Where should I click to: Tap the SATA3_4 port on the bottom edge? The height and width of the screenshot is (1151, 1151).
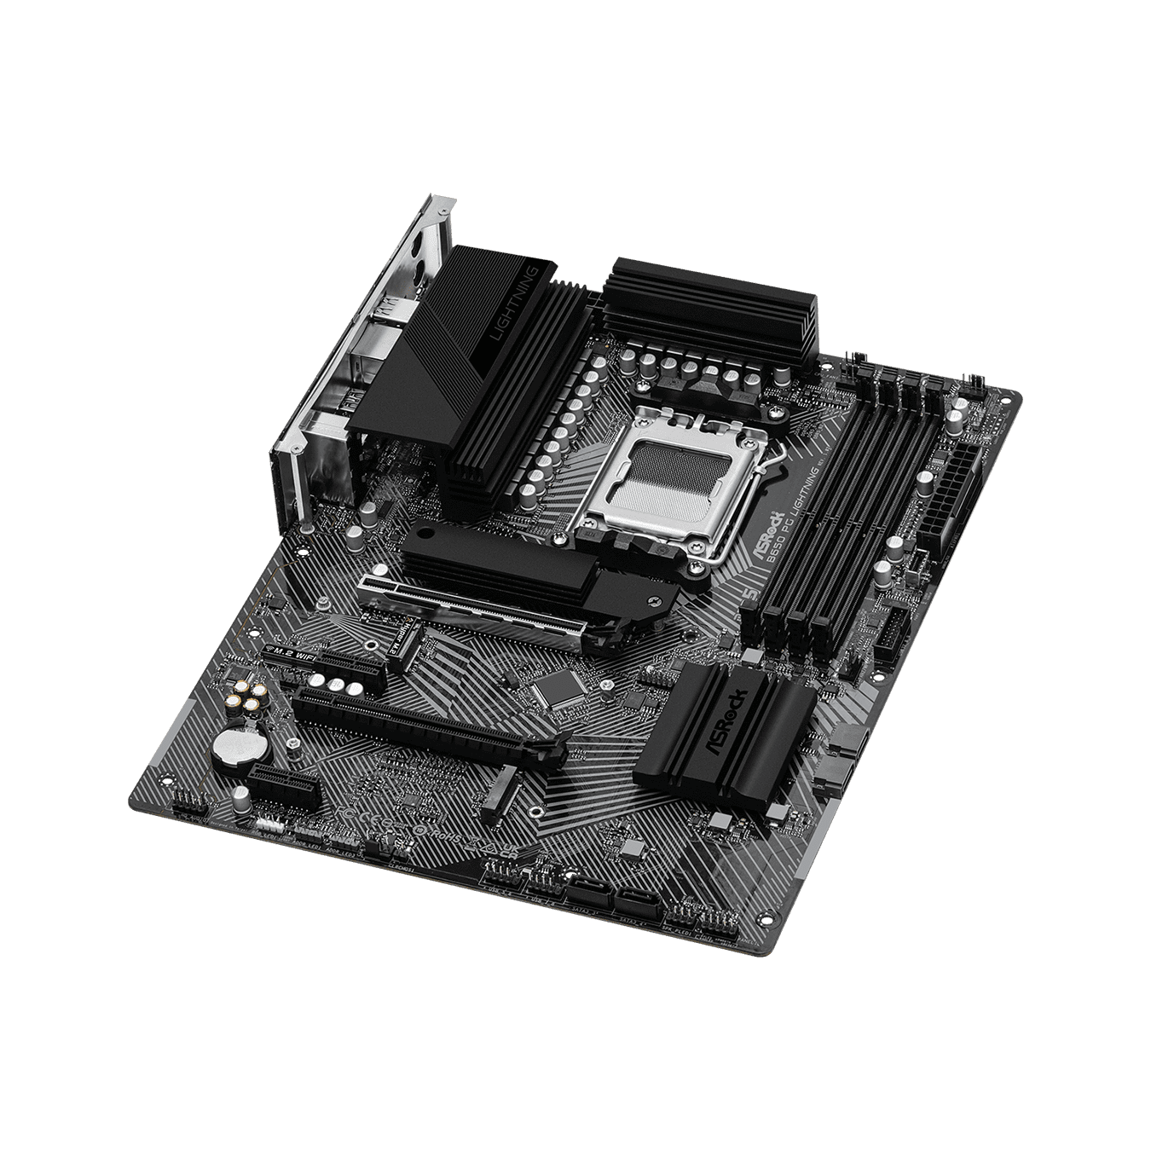[x=638, y=896]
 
